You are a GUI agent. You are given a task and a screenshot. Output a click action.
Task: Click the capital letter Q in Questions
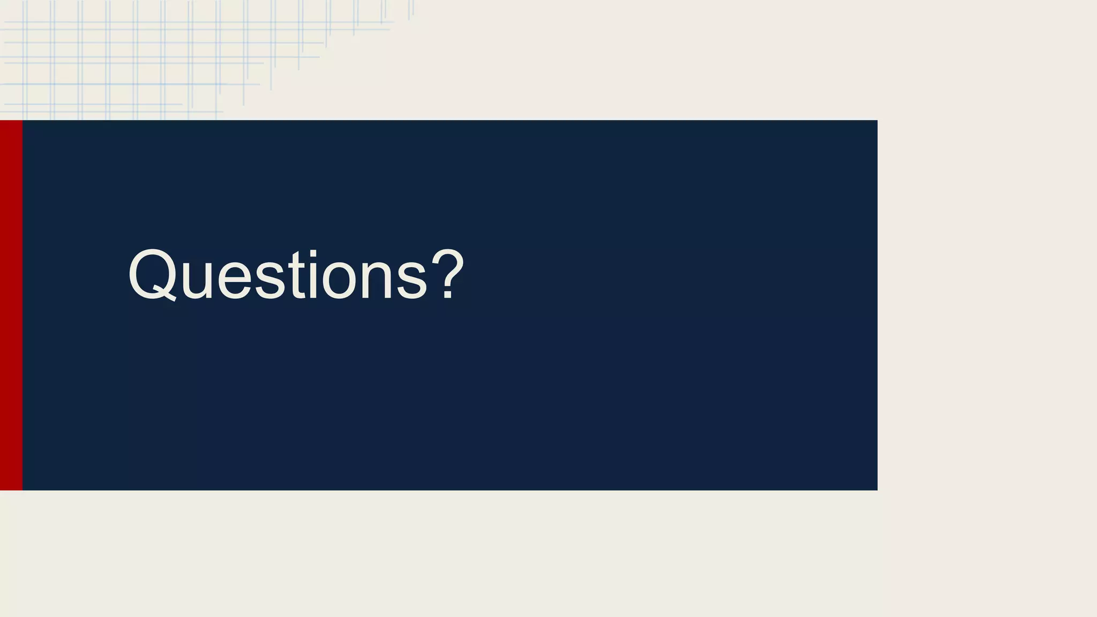point(152,274)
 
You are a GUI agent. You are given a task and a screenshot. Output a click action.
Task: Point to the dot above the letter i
point(312,254)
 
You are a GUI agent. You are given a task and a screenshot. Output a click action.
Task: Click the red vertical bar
point(11,305)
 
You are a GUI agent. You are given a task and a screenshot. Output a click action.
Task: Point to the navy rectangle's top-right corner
point(876,122)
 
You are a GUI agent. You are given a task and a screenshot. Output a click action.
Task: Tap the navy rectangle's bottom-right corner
point(876,489)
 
